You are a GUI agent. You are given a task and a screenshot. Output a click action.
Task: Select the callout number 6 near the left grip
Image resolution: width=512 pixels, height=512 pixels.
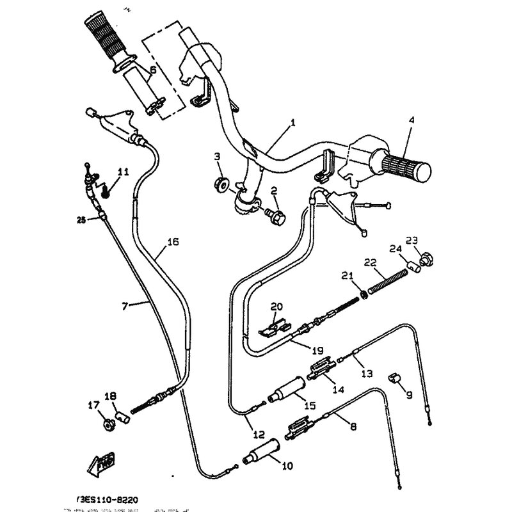point(152,70)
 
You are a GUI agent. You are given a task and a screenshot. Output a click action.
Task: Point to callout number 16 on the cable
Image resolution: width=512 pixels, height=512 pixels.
point(173,242)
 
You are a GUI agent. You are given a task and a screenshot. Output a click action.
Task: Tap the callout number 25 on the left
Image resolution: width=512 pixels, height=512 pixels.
point(81,221)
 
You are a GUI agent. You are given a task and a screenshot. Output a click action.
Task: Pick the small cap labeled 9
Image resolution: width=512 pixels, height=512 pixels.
point(394,379)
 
